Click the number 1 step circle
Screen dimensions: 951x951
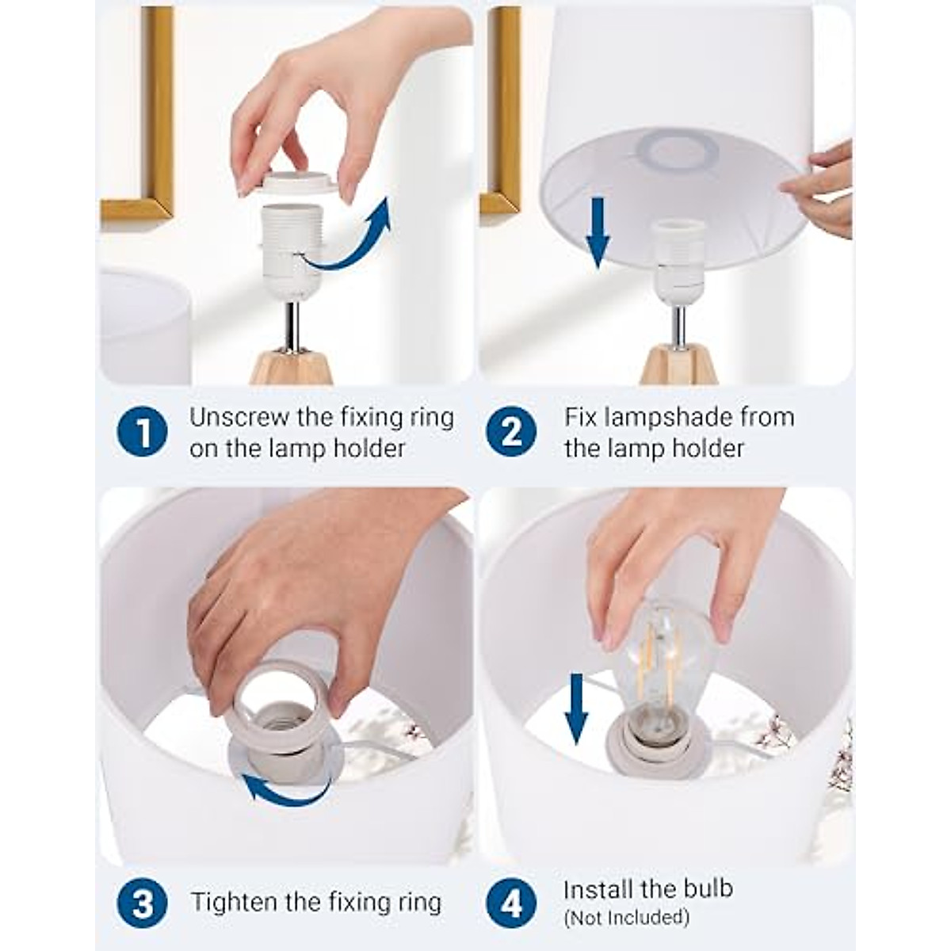142,431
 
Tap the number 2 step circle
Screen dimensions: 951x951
511,431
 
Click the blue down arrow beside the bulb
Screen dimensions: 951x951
576,709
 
